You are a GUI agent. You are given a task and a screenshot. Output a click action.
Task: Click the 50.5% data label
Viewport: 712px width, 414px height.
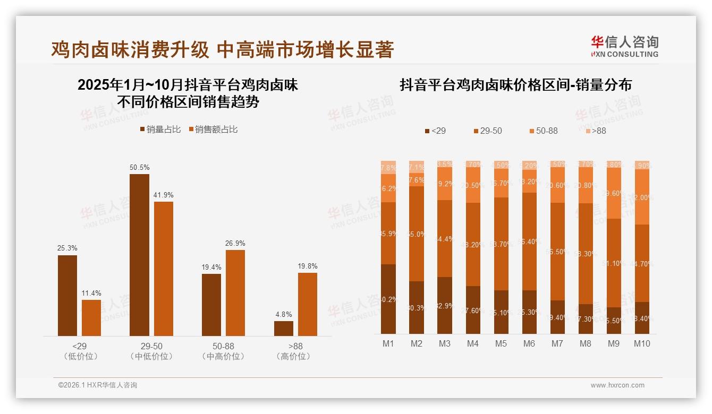pyautogui.click(x=139, y=168)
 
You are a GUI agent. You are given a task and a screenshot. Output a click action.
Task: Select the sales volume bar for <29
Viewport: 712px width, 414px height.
pyautogui.click(x=67, y=295)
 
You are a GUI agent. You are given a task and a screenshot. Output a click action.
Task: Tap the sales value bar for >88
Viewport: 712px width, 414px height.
pyautogui.click(x=307, y=304)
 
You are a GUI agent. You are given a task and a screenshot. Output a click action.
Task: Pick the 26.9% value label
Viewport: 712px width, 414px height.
pyautogui.click(x=235, y=244)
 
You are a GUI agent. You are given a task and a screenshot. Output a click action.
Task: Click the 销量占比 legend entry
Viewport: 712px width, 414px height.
pyautogui.click(x=160, y=130)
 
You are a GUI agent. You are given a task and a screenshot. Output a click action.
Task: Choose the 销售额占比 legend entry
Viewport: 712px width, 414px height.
pyautogui.click(x=213, y=130)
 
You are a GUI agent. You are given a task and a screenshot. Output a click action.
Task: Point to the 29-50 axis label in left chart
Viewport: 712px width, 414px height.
pyautogui.click(x=151, y=347)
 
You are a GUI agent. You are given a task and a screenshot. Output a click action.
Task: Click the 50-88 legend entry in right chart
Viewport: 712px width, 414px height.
pyautogui.click(x=544, y=131)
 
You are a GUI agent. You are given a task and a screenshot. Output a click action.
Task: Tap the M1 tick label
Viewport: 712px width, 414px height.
pyautogui.click(x=388, y=344)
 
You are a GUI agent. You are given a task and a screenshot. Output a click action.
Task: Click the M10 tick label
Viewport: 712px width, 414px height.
pyautogui.click(x=642, y=344)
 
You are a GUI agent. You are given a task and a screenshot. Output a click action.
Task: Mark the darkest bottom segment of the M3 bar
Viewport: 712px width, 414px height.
pyautogui.click(x=445, y=305)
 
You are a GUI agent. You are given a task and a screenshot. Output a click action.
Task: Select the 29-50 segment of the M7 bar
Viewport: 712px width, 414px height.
pyautogui.click(x=557, y=252)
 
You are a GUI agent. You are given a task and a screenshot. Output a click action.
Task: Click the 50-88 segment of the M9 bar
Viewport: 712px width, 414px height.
pyautogui.click(x=614, y=194)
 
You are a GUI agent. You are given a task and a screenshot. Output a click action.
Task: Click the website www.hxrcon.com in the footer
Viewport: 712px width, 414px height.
pyautogui.click(x=617, y=385)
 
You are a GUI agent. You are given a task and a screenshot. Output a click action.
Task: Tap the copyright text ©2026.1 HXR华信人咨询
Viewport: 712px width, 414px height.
pyautogui.click(x=97, y=385)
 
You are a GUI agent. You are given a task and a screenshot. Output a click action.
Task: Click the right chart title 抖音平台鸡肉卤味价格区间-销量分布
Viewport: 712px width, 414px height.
pyautogui.click(x=515, y=85)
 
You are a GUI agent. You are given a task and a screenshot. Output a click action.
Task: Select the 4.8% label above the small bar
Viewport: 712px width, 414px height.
pyautogui.click(x=283, y=315)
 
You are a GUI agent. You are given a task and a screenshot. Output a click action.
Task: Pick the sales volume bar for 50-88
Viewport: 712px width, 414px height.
pyautogui.click(x=211, y=305)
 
